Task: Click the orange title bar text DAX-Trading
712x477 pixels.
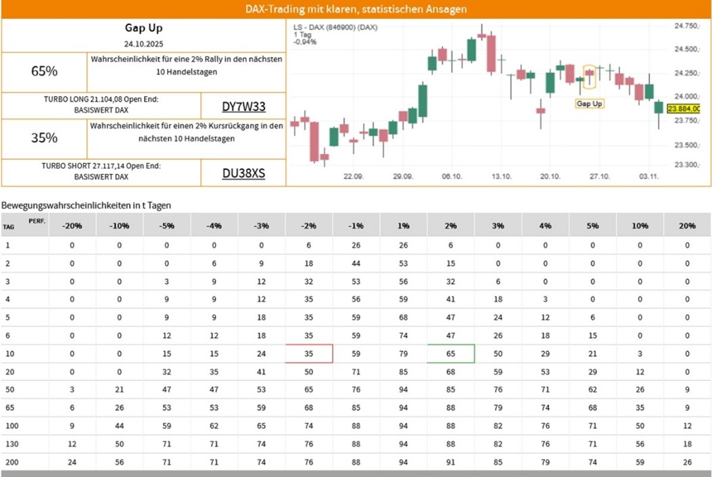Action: click(356, 9)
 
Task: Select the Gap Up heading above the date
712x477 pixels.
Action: click(143, 28)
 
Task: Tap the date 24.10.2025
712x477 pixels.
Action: click(143, 44)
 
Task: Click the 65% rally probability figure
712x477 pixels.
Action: click(44, 71)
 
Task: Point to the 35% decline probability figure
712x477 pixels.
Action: click(44, 138)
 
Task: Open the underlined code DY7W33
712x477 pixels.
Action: click(243, 106)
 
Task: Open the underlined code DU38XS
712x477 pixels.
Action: click(243, 173)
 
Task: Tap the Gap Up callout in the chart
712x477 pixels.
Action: click(589, 104)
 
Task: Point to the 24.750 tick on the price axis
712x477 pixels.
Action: click(686, 26)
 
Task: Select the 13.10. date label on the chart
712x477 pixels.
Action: click(501, 176)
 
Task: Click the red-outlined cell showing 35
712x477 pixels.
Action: click(308, 353)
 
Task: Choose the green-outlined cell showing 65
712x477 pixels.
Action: click(450, 353)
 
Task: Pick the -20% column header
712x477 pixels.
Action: click(72, 225)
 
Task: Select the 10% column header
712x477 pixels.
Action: click(640, 225)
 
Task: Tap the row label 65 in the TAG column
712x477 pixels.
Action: click(7, 407)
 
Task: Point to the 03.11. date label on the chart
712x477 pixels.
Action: click(650, 176)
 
